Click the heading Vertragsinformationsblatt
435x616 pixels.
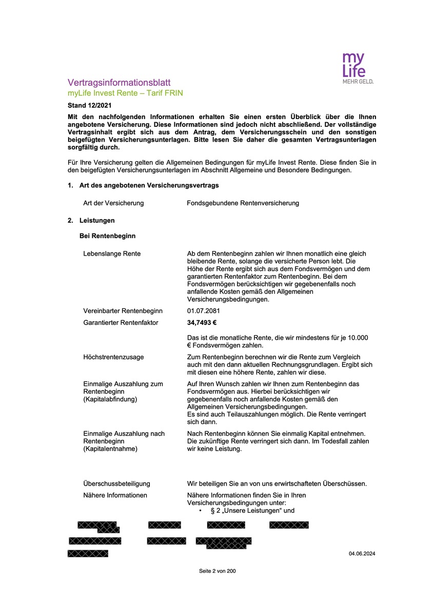coord(119,83)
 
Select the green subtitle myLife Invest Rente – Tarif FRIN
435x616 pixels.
coord(125,93)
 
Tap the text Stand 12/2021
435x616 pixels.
coord(89,105)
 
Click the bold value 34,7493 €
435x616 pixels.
coord(202,323)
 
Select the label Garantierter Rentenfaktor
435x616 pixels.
coord(121,323)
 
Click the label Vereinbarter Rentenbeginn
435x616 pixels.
coord(123,311)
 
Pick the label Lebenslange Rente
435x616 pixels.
coord(112,254)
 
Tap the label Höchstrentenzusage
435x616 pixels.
coord(113,357)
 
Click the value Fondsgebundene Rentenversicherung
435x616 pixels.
coord(243,203)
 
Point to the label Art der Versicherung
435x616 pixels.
coord(113,203)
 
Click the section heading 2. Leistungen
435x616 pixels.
coord(91,221)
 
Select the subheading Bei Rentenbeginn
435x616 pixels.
coord(107,236)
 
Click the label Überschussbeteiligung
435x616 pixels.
coord(116,484)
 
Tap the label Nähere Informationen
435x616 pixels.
coord(115,495)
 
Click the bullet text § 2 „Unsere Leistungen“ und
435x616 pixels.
coord(252,511)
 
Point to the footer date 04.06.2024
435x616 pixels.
coord(362,554)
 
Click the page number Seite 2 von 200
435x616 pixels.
coord(217,571)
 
